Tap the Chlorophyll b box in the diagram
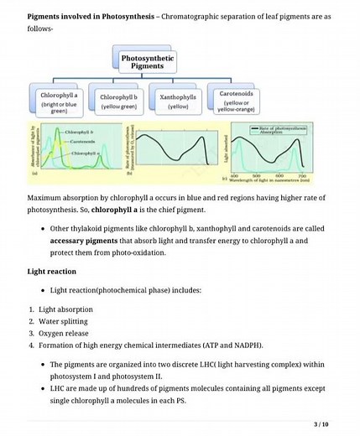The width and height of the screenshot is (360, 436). point(119,102)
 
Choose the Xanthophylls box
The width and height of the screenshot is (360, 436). point(177,102)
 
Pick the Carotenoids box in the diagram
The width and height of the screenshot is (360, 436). point(236,102)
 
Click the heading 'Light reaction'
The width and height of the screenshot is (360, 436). point(52,272)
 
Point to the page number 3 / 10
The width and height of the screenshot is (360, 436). point(320,423)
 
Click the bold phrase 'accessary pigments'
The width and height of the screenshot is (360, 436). point(78,240)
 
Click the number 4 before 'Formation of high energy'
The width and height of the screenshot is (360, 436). point(30,344)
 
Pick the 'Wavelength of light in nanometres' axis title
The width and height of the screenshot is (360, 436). point(269,179)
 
